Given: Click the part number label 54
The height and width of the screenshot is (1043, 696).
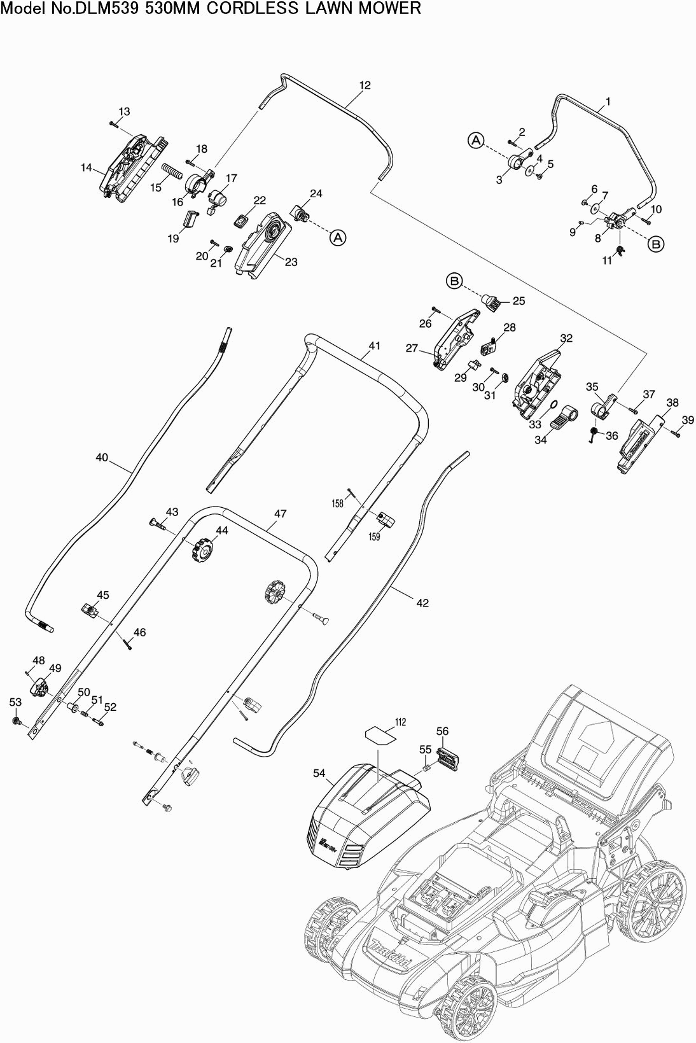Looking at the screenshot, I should tap(319, 773).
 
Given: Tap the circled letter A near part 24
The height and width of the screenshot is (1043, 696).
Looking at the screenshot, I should tap(337, 237).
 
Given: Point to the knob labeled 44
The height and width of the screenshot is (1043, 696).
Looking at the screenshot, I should tap(201, 548).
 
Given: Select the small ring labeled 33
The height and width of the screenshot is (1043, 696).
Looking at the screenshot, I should tap(552, 405).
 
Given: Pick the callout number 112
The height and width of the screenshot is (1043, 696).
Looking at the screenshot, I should tap(400, 722).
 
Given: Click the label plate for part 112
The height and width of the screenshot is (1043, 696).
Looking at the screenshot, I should tap(380, 735).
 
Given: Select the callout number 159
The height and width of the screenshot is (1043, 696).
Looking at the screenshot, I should tap(374, 536).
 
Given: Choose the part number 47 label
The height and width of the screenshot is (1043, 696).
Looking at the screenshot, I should tap(280, 514).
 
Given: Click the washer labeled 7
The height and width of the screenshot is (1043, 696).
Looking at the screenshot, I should tap(594, 207).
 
